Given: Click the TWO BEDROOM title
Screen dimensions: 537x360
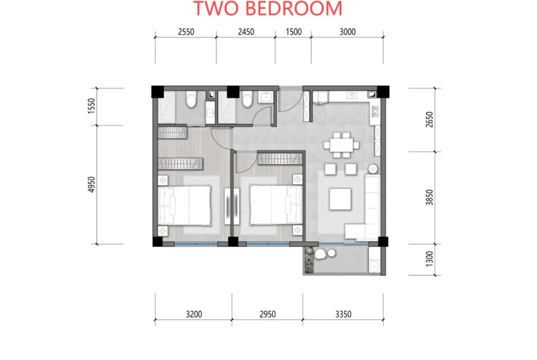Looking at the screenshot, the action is click(x=268, y=8).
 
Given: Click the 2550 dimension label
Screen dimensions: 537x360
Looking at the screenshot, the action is click(x=186, y=32).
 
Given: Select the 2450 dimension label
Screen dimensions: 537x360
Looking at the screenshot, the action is click(x=246, y=32).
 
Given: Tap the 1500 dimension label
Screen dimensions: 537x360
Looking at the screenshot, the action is click(x=293, y=32).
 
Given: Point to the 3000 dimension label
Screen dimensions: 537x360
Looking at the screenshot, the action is click(x=347, y=32).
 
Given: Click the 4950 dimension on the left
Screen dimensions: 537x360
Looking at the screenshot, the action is click(x=91, y=184).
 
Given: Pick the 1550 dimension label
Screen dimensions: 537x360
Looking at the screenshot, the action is click(x=91, y=106).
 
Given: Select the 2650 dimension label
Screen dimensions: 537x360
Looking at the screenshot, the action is click(x=430, y=119).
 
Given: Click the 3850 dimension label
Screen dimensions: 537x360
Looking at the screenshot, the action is click(x=430, y=198).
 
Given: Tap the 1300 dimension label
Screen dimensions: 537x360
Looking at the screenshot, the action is click(x=430, y=259).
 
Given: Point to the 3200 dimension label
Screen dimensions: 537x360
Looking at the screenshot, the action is click(x=194, y=314).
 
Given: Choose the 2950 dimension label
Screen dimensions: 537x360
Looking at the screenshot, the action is click(x=268, y=314).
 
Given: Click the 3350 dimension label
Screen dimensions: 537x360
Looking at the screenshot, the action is click(x=343, y=314).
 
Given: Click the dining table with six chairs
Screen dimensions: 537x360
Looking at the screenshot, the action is click(x=341, y=145).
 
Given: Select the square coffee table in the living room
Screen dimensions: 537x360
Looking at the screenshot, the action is click(x=340, y=199).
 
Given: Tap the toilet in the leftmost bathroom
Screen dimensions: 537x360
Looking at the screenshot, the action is click(x=191, y=99).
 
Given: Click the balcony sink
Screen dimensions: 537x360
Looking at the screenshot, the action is click(x=374, y=265).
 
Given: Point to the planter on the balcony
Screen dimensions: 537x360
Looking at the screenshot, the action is click(x=309, y=260).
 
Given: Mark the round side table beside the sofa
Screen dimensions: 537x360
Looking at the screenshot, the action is click(x=373, y=169).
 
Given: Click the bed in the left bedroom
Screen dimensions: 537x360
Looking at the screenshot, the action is click(x=185, y=205).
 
